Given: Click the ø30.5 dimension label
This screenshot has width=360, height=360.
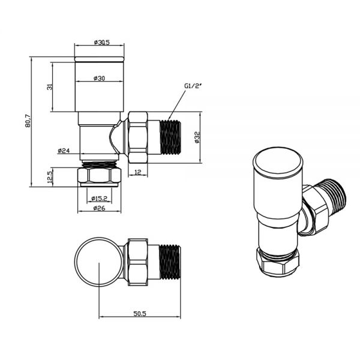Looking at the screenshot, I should click(99, 42).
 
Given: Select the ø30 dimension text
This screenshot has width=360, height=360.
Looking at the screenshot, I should click(99, 79).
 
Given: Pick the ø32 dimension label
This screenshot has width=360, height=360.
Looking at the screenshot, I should click(197, 138).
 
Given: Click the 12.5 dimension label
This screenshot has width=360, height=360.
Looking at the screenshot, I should click(51, 178).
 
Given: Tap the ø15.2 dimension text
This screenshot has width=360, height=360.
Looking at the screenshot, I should click(99, 199).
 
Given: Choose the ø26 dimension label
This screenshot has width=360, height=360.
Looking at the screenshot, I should click(99, 209).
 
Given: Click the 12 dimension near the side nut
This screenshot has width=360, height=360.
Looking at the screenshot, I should click(137, 173).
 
